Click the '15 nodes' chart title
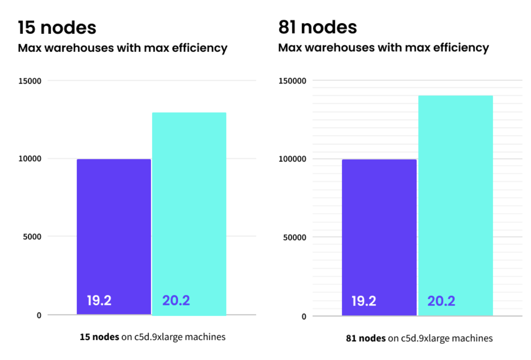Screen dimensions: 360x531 [57, 28]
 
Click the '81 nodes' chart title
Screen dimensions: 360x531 [317, 27]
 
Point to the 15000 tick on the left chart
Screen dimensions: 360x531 [30, 81]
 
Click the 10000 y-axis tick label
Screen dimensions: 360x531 [30, 159]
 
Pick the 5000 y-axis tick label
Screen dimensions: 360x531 [32, 237]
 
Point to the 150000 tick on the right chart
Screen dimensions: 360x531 [292, 81]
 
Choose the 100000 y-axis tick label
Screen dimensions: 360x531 [292, 159]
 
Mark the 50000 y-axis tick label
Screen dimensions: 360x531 [294, 238]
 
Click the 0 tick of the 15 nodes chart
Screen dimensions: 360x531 [39, 315]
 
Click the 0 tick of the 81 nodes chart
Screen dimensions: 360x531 [304, 317]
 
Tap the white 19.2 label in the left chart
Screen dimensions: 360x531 [99, 300]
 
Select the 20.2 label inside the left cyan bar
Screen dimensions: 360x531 [176, 300]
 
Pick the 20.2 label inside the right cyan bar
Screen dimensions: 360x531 [441, 301]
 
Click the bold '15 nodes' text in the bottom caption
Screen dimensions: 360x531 [99, 337]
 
